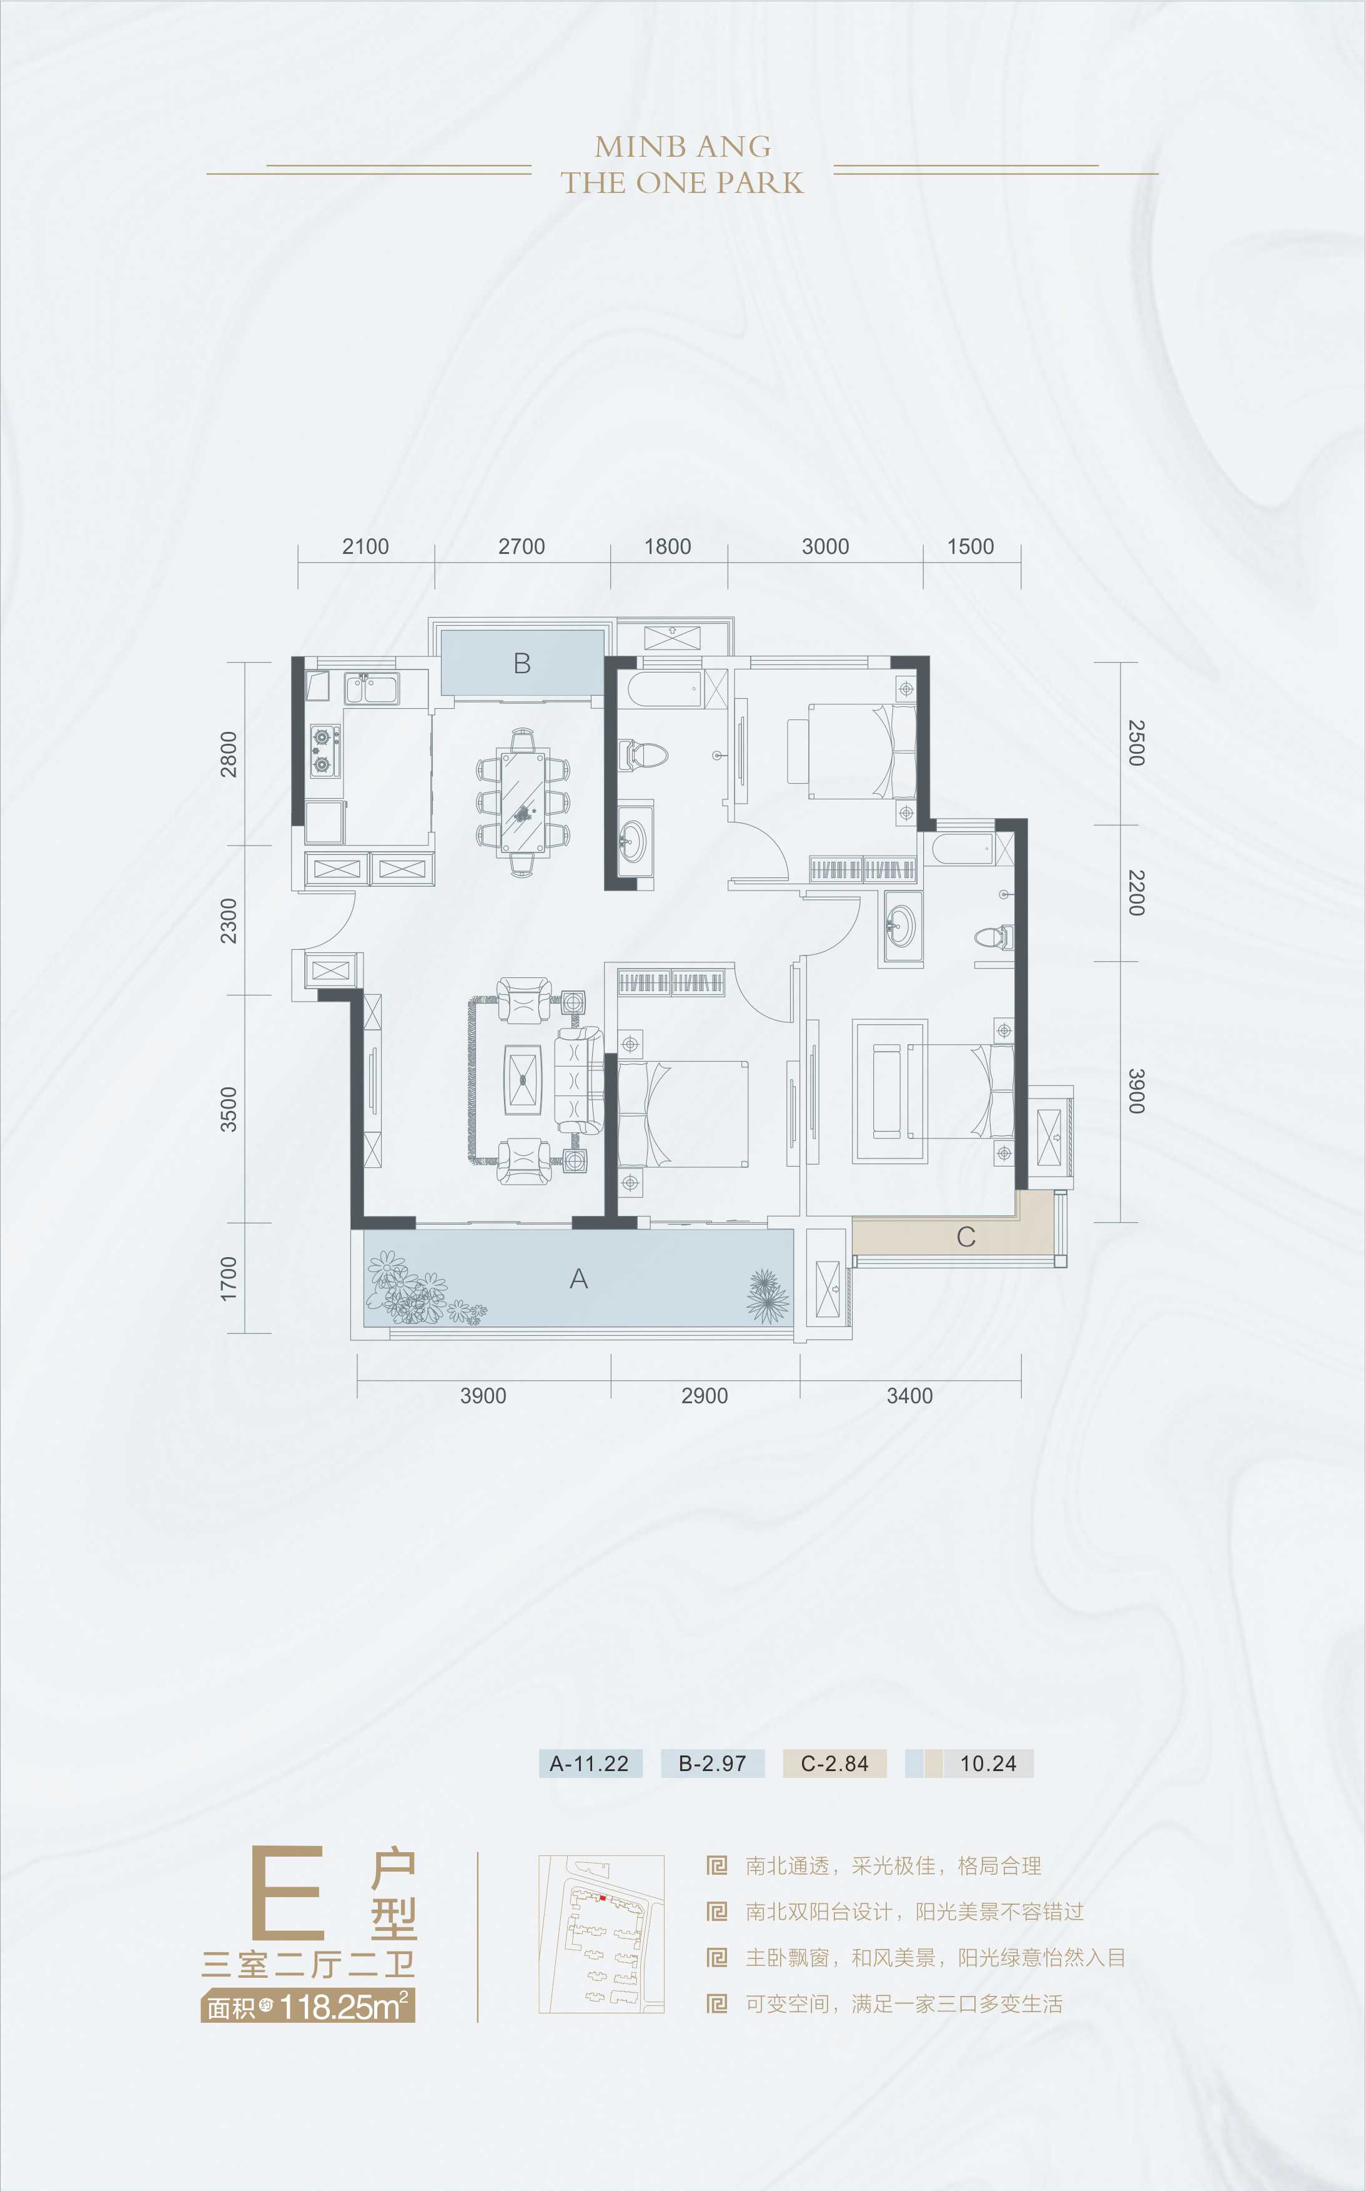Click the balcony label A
pyautogui.click(x=578, y=1278)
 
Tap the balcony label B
pyautogui.click(x=522, y=663)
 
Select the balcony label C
pyautogui.click(x=965, y=1237)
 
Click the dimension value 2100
pyautogui.click(x=365, y=546)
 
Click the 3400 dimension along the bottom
pyautogui.click(x=909, y=1395)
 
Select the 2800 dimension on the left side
pyautogui.click(x=229, y=754)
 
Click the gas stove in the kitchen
pyautogui.click(x=322, y=751)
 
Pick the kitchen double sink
pyautogui.click(x=371, y=689)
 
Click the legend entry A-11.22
pyautogui.click(x=589, y=1763)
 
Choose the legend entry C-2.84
pyautogui.click(x=834, y=1763)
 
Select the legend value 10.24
pyautogui.click(x=987, y=1763)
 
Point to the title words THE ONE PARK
pyautogui.click(x=682, y=182)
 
